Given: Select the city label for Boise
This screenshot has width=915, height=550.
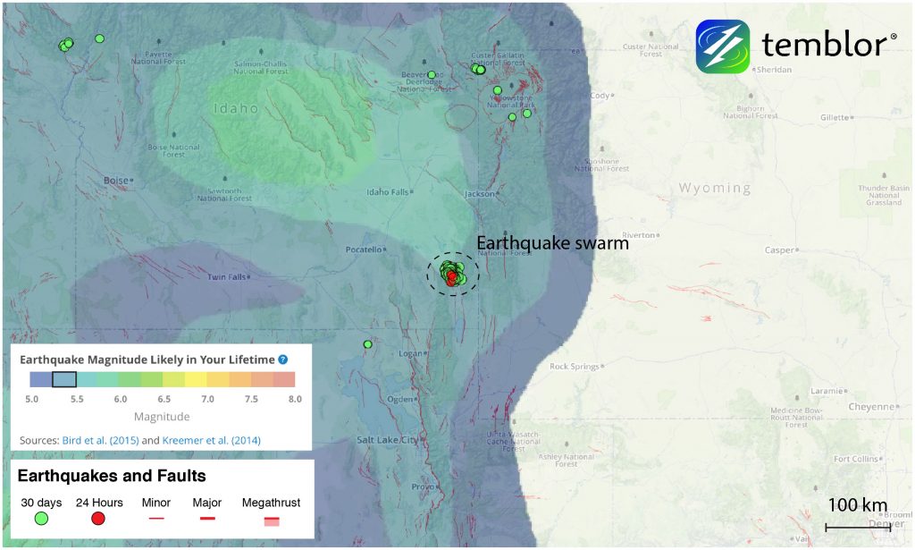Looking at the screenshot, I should pos(116,181).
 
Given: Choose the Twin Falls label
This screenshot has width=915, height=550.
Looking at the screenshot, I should pos(227,277).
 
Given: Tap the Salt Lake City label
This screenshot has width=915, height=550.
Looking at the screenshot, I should pos(387,440).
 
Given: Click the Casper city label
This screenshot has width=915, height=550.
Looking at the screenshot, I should pos(779,250).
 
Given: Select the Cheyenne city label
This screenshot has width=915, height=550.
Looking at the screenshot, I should pos(870,407).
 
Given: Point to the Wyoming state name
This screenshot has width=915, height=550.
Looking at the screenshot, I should pos(715,188).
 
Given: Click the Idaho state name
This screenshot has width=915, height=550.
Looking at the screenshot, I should pos(236,109).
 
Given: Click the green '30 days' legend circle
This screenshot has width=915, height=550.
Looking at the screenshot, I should pos(42,519).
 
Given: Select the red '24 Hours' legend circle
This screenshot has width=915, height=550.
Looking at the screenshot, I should pos(98,519).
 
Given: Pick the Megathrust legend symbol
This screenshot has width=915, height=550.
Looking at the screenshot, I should pos(272,520).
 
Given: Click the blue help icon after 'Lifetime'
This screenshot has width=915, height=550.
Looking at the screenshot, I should pos(282,360).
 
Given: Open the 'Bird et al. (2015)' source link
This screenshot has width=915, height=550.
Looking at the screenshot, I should pos(100,440).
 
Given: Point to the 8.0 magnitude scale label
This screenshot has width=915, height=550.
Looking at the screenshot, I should pos(294,399).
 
